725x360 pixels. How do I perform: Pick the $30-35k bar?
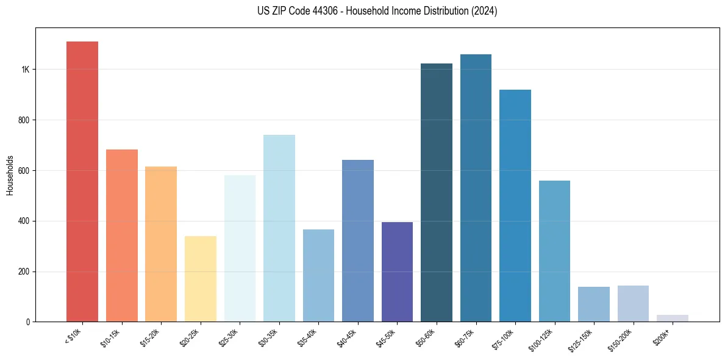tap(279, 228)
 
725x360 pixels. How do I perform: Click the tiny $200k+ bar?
tap(673, 318)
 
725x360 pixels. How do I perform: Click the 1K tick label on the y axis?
tap(25, 70)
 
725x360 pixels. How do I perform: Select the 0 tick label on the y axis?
tap(27, 322)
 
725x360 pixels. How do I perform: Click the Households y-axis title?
tap(10, 175)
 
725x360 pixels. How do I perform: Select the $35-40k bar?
tap(318, 275)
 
